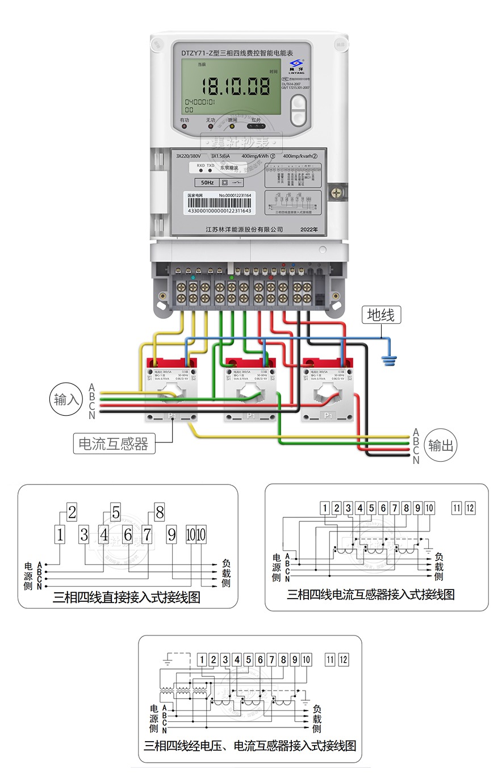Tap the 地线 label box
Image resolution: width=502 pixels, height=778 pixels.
[x=380, y=315]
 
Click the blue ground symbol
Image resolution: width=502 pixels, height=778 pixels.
[x=390, y=359]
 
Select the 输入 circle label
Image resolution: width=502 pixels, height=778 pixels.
[x=66, y=399]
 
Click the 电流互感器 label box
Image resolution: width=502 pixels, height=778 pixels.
[x=114, y=444]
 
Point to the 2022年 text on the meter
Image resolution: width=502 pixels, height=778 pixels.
[x=309, y=229]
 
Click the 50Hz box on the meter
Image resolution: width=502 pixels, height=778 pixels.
[x=207, y=183]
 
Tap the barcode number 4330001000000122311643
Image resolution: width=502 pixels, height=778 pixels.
[x=219, y=211]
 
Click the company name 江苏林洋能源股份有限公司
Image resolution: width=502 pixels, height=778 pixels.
[x=244, y=229]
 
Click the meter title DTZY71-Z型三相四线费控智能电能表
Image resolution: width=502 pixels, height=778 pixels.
[x=237, y=53]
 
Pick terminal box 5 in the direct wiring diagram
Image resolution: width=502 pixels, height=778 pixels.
[x=116, y=513]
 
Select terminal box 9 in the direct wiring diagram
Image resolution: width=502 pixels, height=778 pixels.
[x=171, y=534]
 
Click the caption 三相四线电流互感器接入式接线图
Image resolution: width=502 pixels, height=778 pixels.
[x=370, y=595]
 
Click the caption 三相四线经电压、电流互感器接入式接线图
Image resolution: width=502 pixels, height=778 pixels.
[x=250, y=746]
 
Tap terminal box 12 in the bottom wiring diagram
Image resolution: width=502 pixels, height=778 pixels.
[x=343, y=659]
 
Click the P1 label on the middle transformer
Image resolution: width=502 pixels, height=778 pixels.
[x=250, y=416]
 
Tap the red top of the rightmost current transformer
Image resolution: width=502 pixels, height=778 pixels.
[x=328, y=362]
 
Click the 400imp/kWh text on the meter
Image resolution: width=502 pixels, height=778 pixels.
[x=255, y=156]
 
